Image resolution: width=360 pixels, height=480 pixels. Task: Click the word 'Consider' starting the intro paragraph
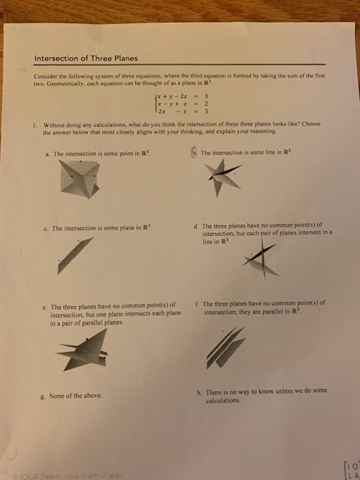coord(46,77)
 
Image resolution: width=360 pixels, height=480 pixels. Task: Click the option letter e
coord(44,308)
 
